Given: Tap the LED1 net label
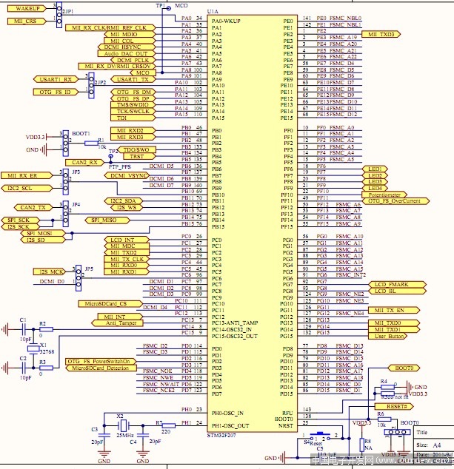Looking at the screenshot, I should [x=375, y=169].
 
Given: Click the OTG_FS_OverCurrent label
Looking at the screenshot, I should [x=394, y=201].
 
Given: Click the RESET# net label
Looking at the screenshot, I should [x=396, y=407].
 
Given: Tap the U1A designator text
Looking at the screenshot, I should [x=213, y=13].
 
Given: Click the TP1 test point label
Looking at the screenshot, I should [x=161, y=5].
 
